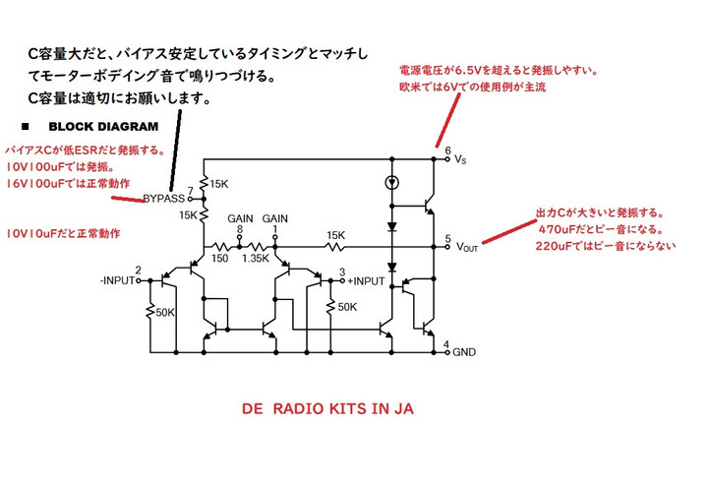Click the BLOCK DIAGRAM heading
pyautogui.click(x=101, y=128)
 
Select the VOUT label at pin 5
pyautogui.click(x=467, y=247)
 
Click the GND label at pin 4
pyautogui.click(x=464, y=351)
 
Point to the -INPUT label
pyautogui.click(x=115, y=280)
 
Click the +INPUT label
pyautogui.click(x=366, y=280)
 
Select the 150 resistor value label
pyautogui.click(x=217, y=259)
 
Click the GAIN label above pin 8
pyautogui.click(x=240, y=218)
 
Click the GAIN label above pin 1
pyautogui.click(x=275, y=218)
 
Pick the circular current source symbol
pyautogui.click(x=391, y=181)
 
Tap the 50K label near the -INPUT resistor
pyautogui.click(x=164, y=314)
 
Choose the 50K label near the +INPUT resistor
pyautogui.click(x=347, y=307)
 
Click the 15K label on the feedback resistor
pyautogui.click(x=335, y=235)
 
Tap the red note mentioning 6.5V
pyautogui.click(x=498, y=71)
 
